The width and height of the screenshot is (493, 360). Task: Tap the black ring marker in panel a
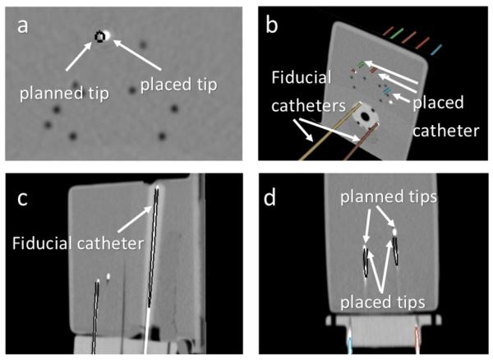pyautogui.click(x=100, y=36)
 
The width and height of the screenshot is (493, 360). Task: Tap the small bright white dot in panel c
pyautogui.click(x=108, y=276)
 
